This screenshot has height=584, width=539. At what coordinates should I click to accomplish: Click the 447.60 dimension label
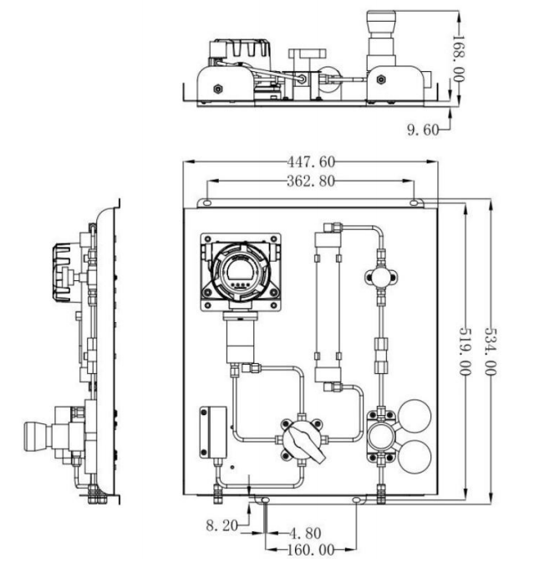coord(311,162)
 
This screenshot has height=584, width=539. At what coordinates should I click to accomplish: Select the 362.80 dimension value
coord(311,181)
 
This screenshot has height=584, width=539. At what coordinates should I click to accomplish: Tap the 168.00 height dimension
coord(459,59)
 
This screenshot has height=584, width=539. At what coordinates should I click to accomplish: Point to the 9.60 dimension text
coord(423,130)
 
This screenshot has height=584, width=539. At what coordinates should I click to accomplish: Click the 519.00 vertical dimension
coord(465,351)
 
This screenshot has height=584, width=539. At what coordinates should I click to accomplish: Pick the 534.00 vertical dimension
coord(491,351)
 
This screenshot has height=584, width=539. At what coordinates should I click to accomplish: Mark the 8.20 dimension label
coord(221,525)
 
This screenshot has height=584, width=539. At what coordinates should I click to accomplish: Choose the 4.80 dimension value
coord(305,533)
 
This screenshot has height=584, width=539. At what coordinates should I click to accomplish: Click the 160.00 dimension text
coord(311,550)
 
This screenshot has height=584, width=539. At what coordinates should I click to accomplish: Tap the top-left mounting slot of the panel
coord(207,203)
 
